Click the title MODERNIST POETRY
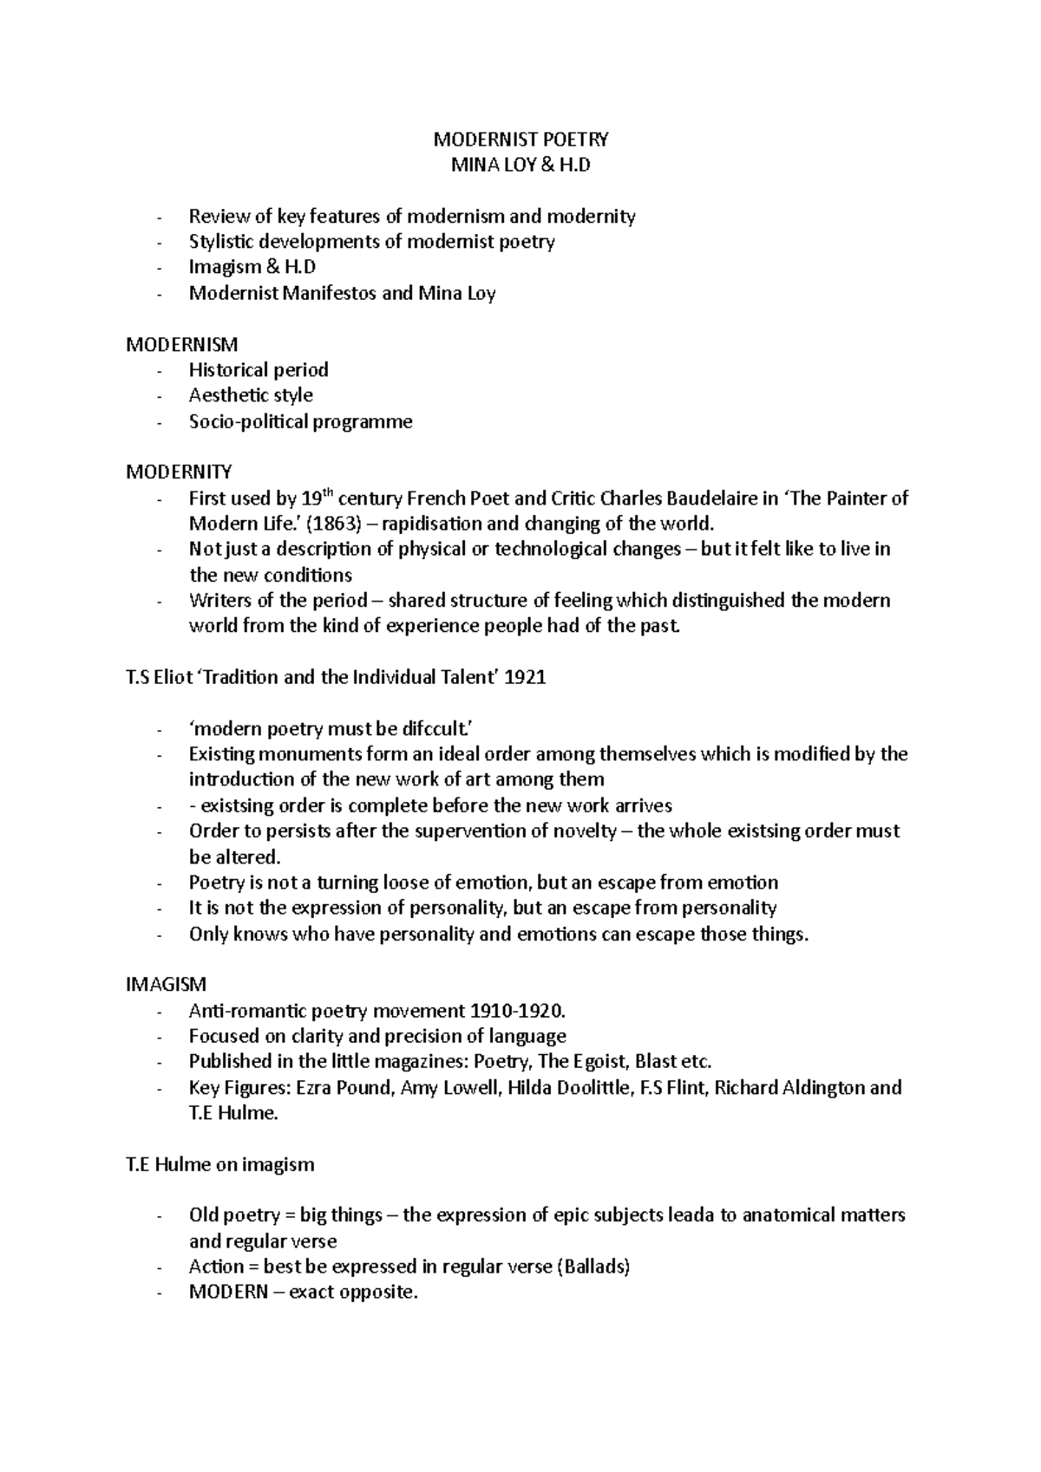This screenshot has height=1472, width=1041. coord(520,140)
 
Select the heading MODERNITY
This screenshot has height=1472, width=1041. coord(180,472)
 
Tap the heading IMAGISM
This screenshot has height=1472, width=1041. coord(167,985)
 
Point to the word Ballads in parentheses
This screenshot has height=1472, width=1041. coord(594,1267)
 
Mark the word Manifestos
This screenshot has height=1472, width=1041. coord(330,294)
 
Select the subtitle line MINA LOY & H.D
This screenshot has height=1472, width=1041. coord(520,165)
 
